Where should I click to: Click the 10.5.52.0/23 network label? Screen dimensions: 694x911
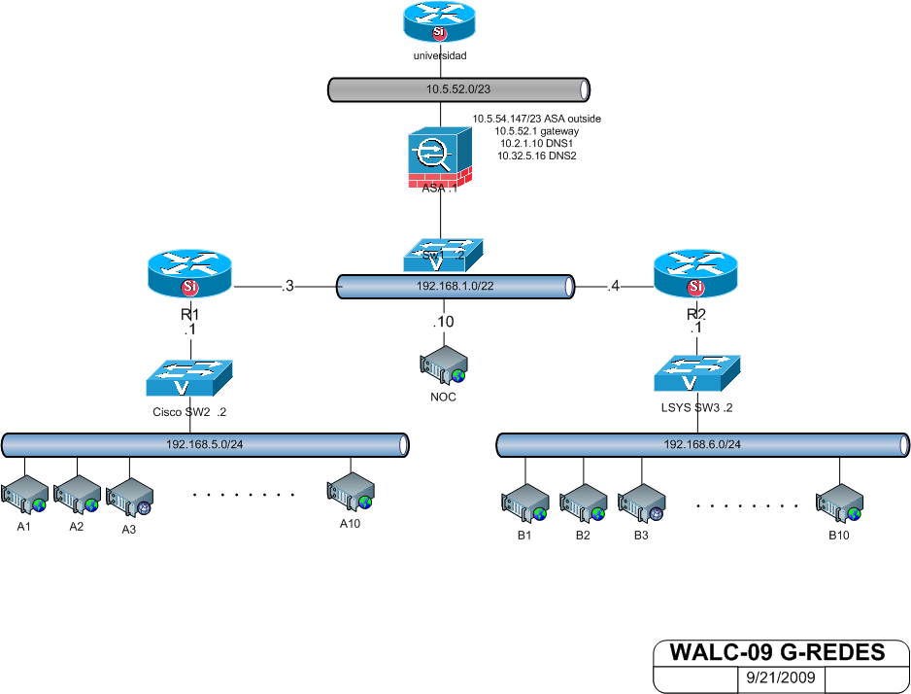point(458,89)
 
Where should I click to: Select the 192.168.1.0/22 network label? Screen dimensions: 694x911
point(455,288)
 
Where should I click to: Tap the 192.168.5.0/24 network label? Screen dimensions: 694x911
point(203,445)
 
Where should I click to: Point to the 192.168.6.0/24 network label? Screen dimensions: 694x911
point(702,445)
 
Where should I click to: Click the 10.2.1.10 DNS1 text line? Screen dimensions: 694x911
point(536,143)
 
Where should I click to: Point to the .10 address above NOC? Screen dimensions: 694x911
point(442,323)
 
